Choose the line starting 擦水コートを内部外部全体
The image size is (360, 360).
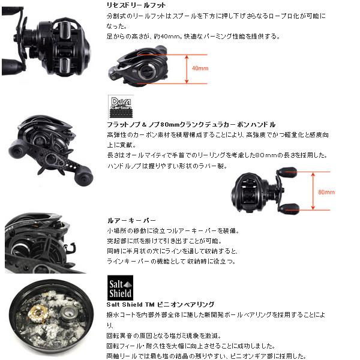pyautogui.click(x=216, y=314)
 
